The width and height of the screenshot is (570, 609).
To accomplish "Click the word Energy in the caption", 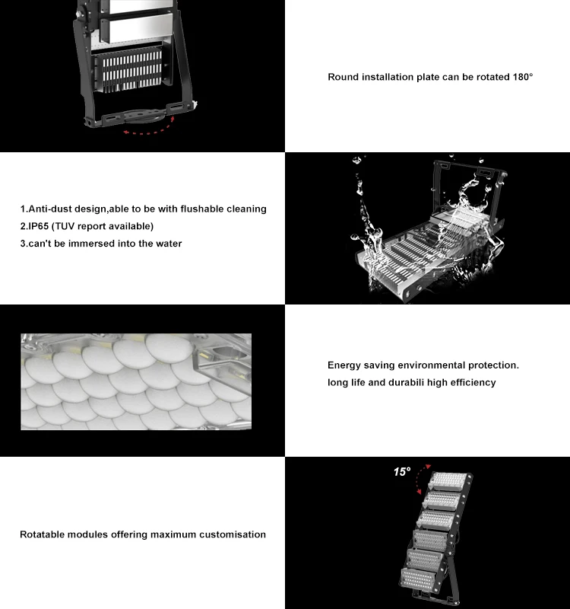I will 346,365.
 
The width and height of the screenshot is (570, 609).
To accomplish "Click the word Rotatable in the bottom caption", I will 43,534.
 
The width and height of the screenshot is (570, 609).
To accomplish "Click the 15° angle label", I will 401,472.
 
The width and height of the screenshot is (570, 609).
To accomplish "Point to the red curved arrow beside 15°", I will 423,478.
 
